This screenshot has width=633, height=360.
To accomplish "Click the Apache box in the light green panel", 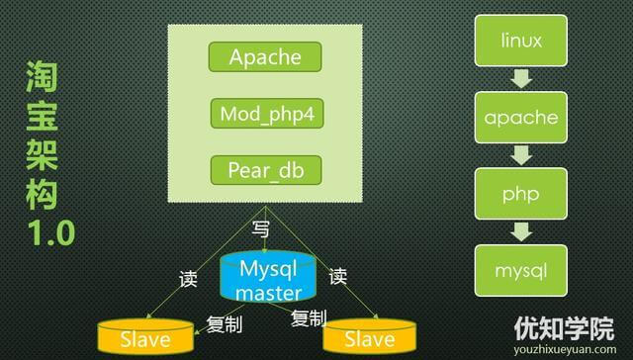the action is tap(265, 56).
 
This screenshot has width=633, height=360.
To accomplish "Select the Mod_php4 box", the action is tap(265, 113).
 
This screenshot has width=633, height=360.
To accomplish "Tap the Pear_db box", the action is tap(265, 169).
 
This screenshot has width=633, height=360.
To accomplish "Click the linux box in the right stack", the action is tap(521, 43).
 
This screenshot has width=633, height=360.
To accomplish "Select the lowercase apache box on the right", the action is tap(521, 118).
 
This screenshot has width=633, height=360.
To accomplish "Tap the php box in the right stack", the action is tap(521, 193).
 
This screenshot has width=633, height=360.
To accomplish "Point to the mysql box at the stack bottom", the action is tap(521, 268).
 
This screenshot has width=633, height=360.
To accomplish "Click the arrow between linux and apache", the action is tap(521, 80).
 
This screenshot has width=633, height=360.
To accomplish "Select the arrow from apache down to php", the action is tap(521, 155).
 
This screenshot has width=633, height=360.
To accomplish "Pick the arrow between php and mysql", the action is tap(521, 230).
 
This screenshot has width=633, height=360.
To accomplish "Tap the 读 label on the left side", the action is tap(188, 279).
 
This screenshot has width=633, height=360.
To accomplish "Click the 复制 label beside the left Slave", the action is tap(225, 323).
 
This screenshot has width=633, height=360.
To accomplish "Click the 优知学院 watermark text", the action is tap(563, 327).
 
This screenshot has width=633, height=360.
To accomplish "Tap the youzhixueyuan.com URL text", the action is tap(563, 348).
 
